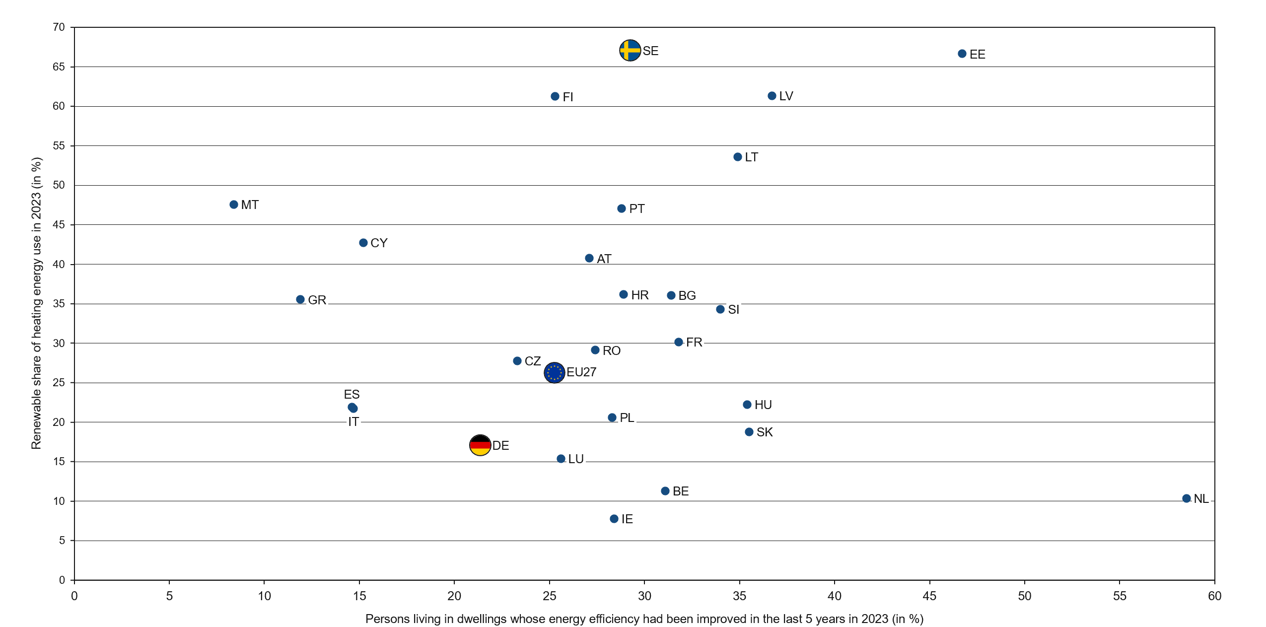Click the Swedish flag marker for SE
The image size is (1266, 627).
coord(630,50)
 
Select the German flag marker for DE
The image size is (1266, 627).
coord(480,445)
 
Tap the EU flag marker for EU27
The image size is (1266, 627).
coord(554,372)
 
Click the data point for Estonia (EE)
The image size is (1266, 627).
coord(962,54)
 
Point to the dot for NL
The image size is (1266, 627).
coord(1186,498)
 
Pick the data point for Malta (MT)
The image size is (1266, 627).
coord(234,205)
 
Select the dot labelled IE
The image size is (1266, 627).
coord(614,519)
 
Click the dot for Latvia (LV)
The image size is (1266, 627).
coord(772,96)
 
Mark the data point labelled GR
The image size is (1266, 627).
coord(300,299)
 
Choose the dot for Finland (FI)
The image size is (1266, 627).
coord(555,96)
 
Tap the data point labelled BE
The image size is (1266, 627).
coord(665,491)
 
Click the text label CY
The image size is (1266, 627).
coord(379,243)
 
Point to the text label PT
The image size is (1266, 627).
coord(636,209)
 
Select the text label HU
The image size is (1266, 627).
coord(763,405)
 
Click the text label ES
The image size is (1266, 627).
coord(352,395)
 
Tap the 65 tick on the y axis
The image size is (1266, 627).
coord(59,67)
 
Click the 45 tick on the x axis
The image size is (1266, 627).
coord(929,596)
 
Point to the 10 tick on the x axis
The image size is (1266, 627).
coord(264,596)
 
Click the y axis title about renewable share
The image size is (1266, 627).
coord(36,303)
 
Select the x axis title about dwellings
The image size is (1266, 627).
coord(644,619)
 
